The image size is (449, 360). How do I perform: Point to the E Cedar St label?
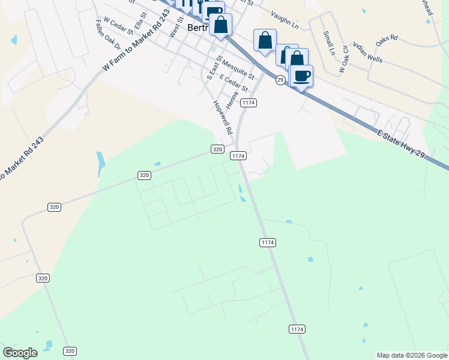[x=234, y=82]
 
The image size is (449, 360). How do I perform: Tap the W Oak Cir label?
[x=344, y=59]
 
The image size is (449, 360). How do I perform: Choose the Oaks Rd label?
[x=387, y=41]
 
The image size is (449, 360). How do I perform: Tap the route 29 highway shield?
[x=280, y=79]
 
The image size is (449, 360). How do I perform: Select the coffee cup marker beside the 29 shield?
[x=301, y=76]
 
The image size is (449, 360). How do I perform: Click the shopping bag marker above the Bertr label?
[x=221, y=25]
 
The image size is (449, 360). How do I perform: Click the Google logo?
[x=20, y=353]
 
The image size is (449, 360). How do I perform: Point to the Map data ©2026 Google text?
[x=412, y=355]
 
